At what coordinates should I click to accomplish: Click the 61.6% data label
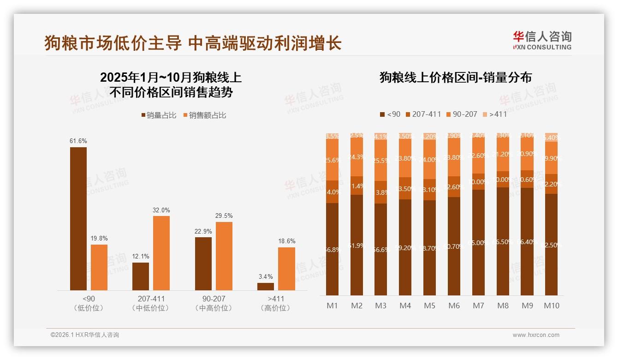point(78,141)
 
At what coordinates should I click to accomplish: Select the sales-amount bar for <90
point(99,267)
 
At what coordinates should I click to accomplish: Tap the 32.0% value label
point(161,210)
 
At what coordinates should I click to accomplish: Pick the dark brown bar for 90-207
point(203,264)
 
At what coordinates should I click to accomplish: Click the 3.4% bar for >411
point(266,287)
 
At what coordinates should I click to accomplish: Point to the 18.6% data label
point(287,241)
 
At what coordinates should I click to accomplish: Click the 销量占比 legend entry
point(158,115)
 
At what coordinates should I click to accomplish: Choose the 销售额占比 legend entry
point(205,115)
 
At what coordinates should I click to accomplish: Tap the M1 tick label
point(332,306)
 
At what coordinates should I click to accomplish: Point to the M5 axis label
point(429,306)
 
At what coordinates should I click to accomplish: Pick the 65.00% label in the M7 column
point(478,242)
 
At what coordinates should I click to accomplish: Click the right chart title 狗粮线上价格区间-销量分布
point(455,77)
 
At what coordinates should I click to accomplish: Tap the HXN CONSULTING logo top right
point(542,41)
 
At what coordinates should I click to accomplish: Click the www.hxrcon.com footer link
point(536,335)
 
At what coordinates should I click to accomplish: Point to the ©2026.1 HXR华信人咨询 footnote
point(85,335)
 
